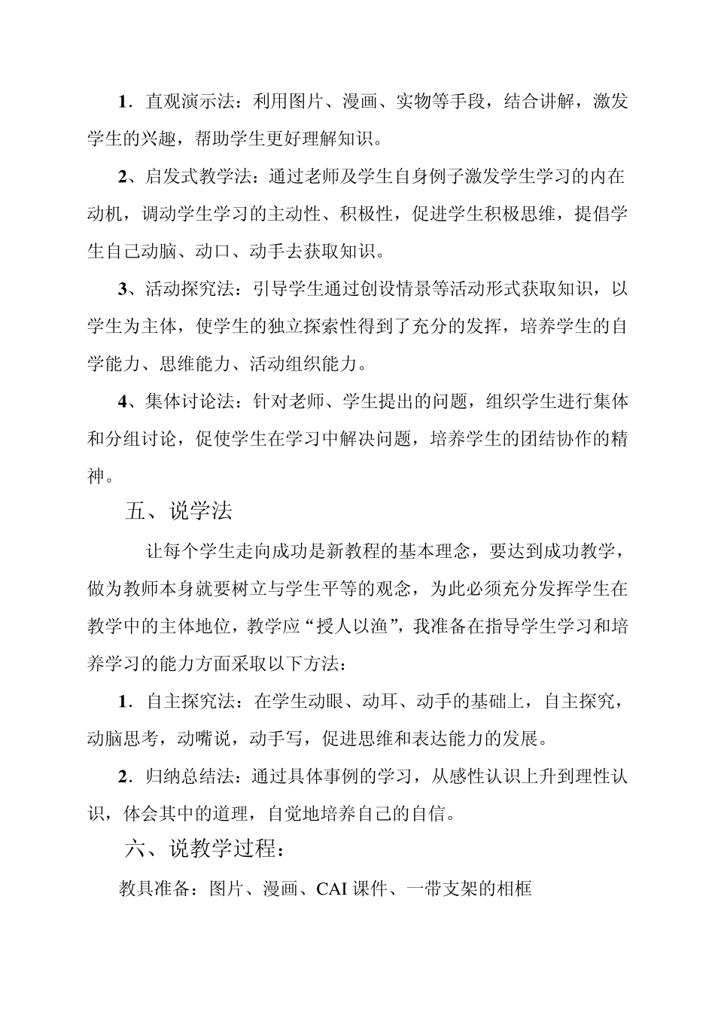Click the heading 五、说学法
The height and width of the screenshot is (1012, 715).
pyautogui.click(x=178, y=511)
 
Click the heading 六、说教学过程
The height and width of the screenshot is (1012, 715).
pyautogui.click(x=204, y=850)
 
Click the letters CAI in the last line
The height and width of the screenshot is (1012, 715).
pyautogui.click(x=331, y=889)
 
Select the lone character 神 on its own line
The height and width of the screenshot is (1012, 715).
pyautogui.click(x=96, y=475)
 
